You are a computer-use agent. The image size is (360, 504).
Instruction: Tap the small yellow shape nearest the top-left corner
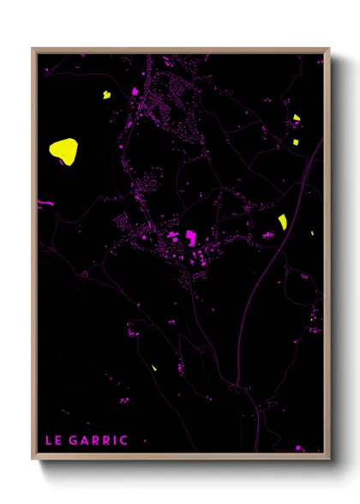(x=107, y=94)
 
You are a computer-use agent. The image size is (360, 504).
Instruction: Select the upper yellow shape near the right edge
(x=297, y=118)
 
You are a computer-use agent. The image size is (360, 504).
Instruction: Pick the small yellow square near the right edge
(x=297, y=141)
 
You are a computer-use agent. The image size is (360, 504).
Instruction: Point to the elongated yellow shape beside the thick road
(x=282, y=222)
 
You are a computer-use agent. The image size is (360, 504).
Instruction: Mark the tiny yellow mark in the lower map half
(x=154, y=368)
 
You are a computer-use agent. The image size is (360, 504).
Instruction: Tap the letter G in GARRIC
(x=72, y=441)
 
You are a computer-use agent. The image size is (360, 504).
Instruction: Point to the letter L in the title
(x=48, y=441)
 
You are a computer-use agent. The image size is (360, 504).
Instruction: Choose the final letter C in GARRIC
(x=124, y=441)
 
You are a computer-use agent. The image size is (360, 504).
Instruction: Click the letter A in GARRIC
(x=83, y=441)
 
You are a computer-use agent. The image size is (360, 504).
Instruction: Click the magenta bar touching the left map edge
(x=39, y=202)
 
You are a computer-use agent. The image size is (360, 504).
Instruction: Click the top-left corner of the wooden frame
(x=33, y=49)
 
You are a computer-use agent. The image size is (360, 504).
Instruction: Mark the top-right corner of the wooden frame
(x=329, y=49)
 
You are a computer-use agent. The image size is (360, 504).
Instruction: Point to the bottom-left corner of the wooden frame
(x=33, y=455)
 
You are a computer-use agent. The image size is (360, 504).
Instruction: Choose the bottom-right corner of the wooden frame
(x=329, y=455)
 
